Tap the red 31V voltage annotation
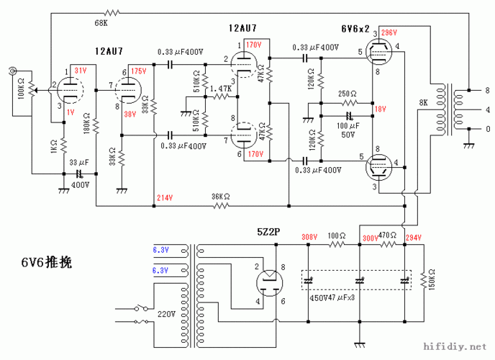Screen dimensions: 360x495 pos(80,70)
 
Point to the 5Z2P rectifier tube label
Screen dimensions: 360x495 pos(269,233)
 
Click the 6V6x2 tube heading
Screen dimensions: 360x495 pos(355,29)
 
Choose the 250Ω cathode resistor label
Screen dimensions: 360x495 pos(348,94)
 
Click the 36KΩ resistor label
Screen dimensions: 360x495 pos(222,196)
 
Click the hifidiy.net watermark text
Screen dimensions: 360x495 pos(458,348)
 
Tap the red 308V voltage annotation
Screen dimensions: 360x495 pos(309,237)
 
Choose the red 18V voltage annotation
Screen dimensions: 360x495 pos(380,109)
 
